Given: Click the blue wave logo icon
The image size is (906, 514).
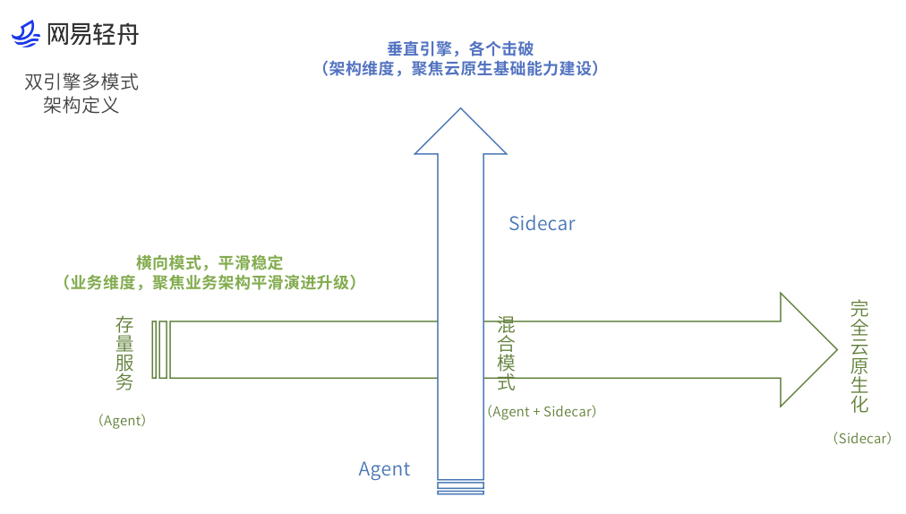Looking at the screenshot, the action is click(x=26, y=34).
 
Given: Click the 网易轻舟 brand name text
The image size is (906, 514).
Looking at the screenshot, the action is click(x=92, y=35).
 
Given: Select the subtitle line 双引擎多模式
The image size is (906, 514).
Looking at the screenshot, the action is click(x=81, y=82).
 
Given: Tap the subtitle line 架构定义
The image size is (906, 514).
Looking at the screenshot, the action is click(x=81, y=106).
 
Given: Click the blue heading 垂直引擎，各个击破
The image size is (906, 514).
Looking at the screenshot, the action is click(x=460, y=49).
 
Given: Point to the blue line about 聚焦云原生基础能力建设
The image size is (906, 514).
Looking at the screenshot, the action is click(x=460, y=69).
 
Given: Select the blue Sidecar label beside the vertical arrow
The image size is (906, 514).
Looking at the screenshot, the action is click(x=542, y=224).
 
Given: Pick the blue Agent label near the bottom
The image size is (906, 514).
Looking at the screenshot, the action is click(x=384, y=469).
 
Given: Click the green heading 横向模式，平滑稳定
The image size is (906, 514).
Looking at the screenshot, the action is click(x=209, y=263).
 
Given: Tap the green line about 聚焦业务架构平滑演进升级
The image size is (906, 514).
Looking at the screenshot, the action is click(x=209, y=283).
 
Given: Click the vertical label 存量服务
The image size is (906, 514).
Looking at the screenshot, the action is click(x=124, y=353).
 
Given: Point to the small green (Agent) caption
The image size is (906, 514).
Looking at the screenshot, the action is click(x=123, y=420).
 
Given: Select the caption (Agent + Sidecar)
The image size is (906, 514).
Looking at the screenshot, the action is click(x=542, y=412).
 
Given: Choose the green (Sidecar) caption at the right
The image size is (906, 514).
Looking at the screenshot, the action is click(x=862, y=439).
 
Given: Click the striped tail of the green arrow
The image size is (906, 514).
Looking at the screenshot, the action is click(x=159, y=349).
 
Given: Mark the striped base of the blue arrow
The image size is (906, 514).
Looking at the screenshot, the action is click(x=460, y=487).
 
